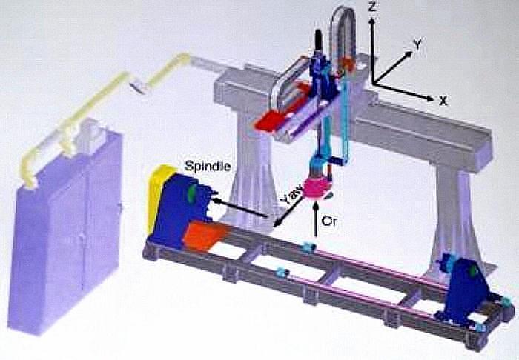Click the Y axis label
[x=418, y=45]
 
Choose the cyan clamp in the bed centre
[x=309, y=247]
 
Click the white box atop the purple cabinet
[x=93, y=133]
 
